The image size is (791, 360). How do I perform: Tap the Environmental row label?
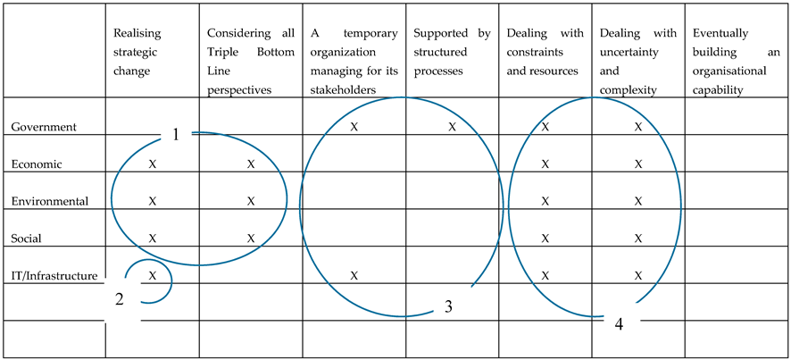49,201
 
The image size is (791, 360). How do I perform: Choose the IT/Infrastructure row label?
54,276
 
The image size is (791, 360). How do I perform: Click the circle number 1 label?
176,134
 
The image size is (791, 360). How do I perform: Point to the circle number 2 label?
119,299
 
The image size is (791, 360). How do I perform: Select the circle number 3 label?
449,307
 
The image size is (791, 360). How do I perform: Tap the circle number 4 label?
619,322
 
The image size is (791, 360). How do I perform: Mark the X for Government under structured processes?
452,127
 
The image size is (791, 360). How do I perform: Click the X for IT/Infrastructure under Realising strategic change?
153,276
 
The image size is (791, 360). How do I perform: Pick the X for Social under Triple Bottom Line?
251,239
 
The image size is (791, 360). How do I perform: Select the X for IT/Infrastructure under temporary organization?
354,276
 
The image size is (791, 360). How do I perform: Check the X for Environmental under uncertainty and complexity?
638,201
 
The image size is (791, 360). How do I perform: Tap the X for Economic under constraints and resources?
545,164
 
